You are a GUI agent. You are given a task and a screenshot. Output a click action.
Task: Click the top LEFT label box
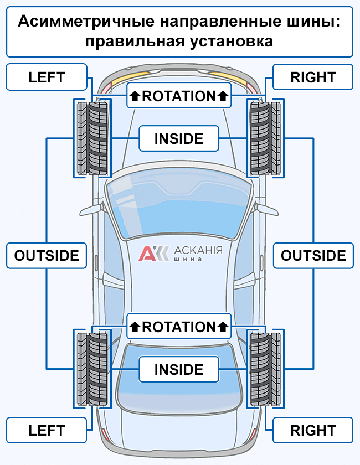(x=47, y=77)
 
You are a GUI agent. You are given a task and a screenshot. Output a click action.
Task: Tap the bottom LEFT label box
(x=47, y=430)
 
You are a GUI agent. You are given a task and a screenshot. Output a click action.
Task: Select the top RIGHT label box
(x=313, y=77)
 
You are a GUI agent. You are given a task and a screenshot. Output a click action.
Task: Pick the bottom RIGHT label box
(x=313, y=430)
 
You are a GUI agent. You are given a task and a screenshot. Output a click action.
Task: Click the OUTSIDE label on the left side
(x=47, y=255)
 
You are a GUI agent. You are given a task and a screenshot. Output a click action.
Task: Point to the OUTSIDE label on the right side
(x=313, y=255)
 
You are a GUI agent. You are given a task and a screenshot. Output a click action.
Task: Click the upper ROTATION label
(x=179, y=96)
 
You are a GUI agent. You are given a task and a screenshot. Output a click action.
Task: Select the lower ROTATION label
(x=179, y=327)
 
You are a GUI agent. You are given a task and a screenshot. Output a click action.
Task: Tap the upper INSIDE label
(x=178, y=138)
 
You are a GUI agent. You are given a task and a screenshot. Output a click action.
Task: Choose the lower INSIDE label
(x=178, y=369)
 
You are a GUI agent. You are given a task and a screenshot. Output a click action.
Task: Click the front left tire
(x=93, y=138)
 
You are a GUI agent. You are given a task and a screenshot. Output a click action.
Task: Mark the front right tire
(x=265, y=138)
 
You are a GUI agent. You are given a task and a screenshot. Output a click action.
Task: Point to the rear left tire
(x=93, y=369)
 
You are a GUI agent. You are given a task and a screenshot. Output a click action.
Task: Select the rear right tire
(x=265, y=369)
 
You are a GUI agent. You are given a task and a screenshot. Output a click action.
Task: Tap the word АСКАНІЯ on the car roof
(x=198, y=250)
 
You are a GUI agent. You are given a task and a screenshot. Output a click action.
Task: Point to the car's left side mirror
(x=91, y=210)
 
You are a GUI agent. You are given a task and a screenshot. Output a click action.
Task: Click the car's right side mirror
(x=268, y=210)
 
